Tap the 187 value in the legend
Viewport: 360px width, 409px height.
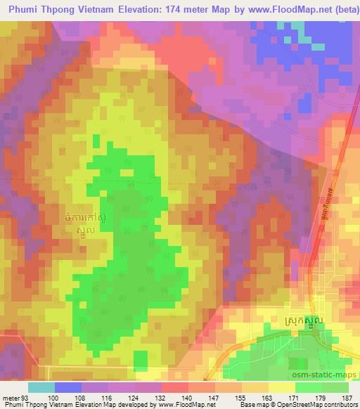click(345, 397)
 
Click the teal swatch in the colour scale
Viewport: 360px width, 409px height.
click(41, 387)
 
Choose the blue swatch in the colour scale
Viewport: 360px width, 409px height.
click(68, 387)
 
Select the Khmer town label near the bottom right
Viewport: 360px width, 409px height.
click(306, 320)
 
